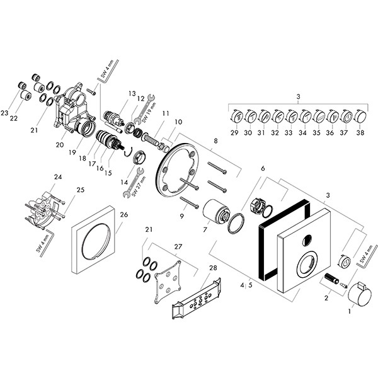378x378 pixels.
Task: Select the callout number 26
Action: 123,215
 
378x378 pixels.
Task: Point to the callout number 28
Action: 212,268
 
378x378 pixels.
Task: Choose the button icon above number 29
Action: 235,117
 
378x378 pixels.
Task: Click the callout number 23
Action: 5,113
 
